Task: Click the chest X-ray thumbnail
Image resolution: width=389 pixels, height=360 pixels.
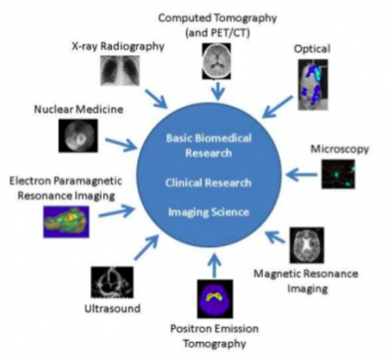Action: click(x=120, y=71)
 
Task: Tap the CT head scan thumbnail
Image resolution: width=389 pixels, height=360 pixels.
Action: click(x=216, y=61)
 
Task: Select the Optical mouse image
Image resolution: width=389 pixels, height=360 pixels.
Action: click(x=313, y=85)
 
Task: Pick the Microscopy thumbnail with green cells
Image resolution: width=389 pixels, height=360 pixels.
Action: click(x=338, y=174)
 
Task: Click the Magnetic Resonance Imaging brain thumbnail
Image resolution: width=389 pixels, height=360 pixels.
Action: click(x=307, y=245)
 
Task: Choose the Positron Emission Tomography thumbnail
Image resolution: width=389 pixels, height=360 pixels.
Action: click(x=215, y=299)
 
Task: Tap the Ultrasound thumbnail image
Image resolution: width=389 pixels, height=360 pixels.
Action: click(x=112, y=282)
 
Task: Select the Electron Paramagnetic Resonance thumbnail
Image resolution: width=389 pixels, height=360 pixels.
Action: click(x=66, y=222)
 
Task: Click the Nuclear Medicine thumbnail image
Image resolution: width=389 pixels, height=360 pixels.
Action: click(x=78, y=135)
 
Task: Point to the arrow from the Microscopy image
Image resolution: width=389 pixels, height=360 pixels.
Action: click(x=302, y=175)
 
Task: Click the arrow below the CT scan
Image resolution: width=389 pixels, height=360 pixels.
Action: click(x=218, y=91)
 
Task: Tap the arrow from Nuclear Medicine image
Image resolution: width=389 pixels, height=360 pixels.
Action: click(x=121, y=145)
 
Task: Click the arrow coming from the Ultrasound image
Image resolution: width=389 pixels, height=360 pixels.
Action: click(x=146, y=247)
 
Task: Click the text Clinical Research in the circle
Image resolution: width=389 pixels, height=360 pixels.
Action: click(x=209, y=183)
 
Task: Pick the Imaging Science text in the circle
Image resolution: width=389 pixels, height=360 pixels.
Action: click(x=209, y=212)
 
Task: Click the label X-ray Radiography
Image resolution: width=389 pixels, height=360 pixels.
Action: click(x=118, y=47)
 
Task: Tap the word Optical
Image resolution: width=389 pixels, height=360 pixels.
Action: click(x=312, y=49)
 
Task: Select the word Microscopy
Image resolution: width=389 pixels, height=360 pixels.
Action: click(x=340, y=149)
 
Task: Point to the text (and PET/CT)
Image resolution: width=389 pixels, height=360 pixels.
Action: click(x=218, y=33)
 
